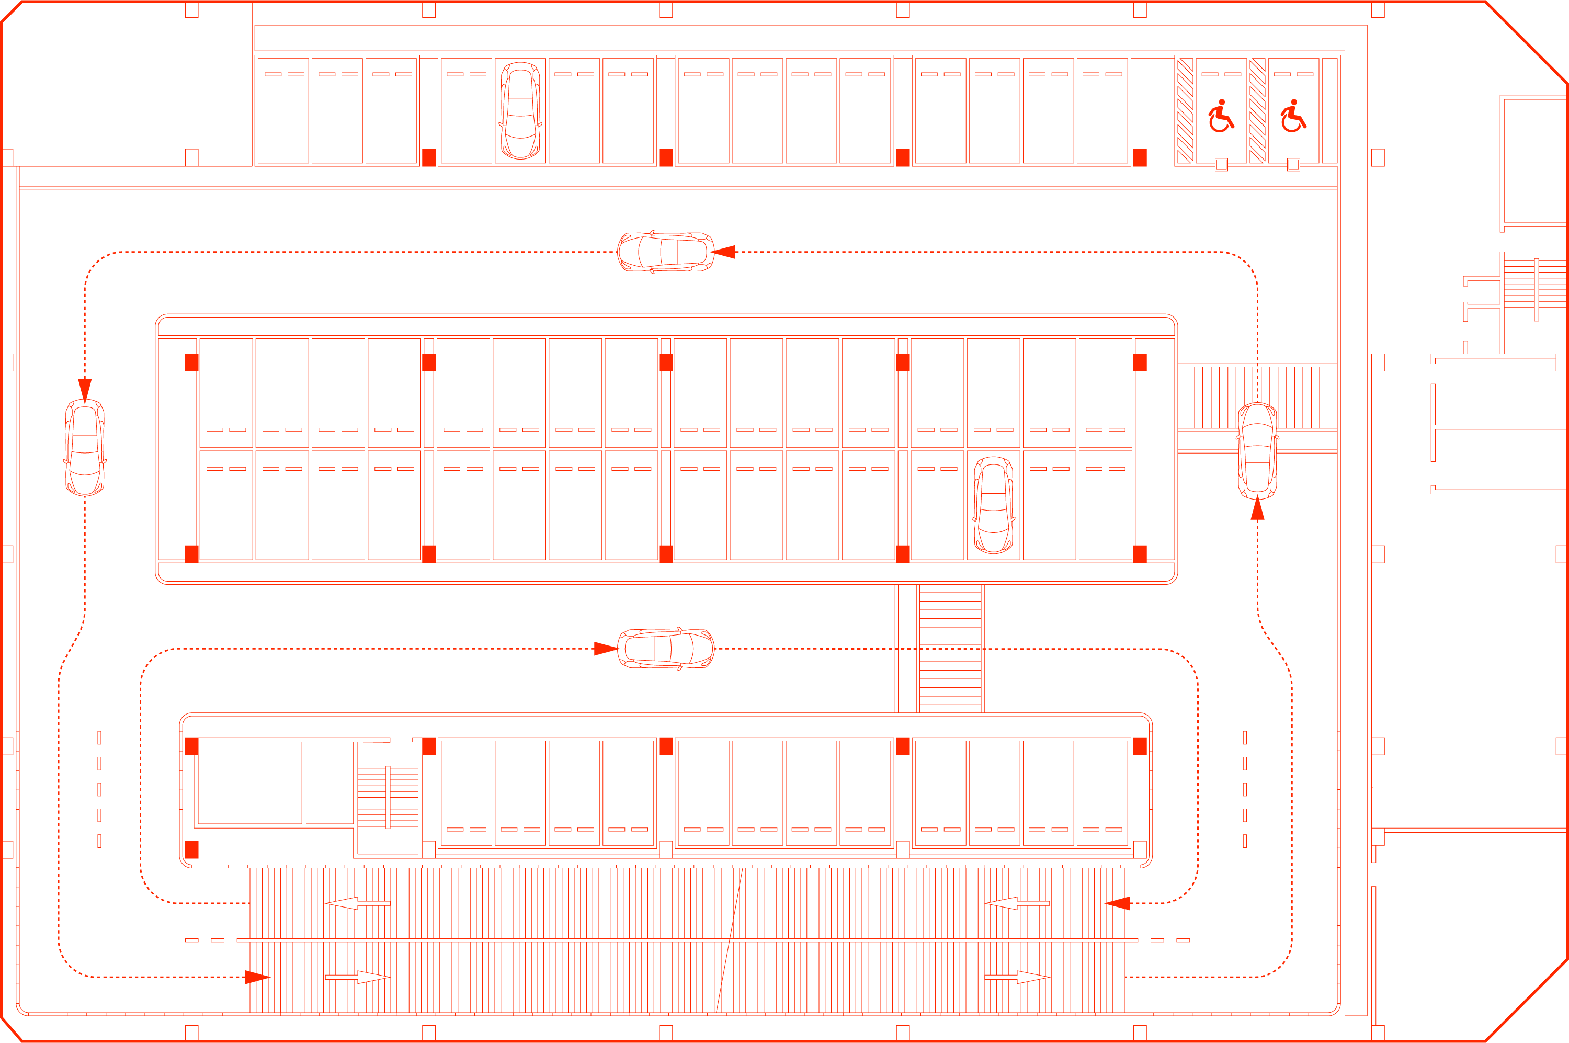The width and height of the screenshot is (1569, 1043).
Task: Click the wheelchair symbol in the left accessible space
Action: pos(1221,117)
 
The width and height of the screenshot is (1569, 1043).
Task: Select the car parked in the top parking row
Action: pos(520,110)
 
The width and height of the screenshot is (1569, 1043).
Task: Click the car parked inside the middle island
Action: pos(993,505)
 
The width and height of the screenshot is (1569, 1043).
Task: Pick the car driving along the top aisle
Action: pos(666,252)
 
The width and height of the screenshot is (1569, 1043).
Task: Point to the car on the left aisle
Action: pos(85,448)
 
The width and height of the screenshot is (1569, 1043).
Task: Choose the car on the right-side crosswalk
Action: pos(1257,451)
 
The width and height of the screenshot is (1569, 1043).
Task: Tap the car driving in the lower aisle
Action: pos(666,649)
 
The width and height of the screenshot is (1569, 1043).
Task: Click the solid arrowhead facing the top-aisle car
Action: pos(724,252)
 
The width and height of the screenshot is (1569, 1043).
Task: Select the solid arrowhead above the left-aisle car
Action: pos(85,390)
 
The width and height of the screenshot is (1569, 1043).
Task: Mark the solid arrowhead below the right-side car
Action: pos(1257,509)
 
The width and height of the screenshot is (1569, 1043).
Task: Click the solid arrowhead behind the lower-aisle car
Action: pos(605,649)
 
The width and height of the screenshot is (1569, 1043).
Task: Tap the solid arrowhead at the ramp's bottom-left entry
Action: pos(257,977)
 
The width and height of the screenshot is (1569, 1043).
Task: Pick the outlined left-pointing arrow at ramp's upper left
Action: pos(357,903)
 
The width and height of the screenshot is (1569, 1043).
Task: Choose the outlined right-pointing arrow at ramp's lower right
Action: pos(1017,977)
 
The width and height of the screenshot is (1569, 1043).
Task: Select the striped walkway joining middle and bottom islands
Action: pos(950,649)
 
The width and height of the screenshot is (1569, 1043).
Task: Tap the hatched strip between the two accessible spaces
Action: pos(1257,110)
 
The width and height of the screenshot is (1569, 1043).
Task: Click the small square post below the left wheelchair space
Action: pos(1221,164)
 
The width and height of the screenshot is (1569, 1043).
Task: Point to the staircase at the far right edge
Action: pos(1535,289)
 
